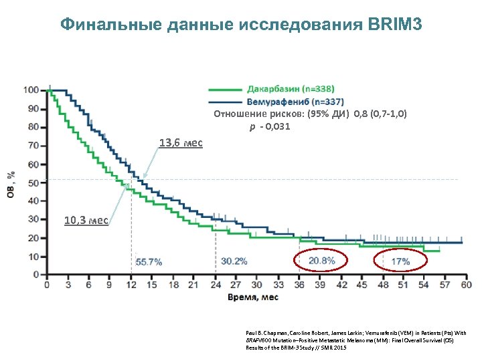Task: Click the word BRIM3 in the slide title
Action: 396,25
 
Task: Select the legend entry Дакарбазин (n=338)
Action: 291,88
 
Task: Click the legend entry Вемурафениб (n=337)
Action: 295,102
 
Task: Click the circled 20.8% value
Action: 322,261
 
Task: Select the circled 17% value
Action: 400,261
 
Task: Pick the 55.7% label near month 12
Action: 149,261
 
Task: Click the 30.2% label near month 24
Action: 234,261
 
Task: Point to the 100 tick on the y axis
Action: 31,90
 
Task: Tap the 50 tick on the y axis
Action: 33,183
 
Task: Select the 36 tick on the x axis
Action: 300,285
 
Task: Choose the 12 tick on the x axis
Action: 131,285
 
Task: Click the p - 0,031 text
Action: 270,126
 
